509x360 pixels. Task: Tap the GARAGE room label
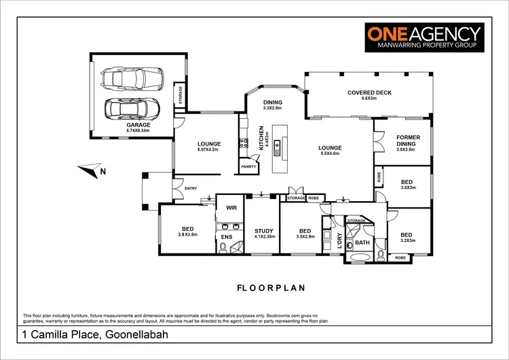click(x=138, y=126)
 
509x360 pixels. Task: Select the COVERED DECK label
click(x=370, y=92)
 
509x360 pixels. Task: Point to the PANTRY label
click(x=247, y=165)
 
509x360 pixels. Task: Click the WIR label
click(x=231, y=208)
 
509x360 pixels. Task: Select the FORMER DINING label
click(x=408, y=141)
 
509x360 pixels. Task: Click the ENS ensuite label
click(x=226, y=236)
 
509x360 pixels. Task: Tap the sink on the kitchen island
click(x=278, y=147)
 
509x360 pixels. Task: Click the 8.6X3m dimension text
click(x=370, y=99)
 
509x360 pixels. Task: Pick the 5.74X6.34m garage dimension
click(x=138, y=132)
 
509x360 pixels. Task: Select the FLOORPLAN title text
click(x=271, y=287)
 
